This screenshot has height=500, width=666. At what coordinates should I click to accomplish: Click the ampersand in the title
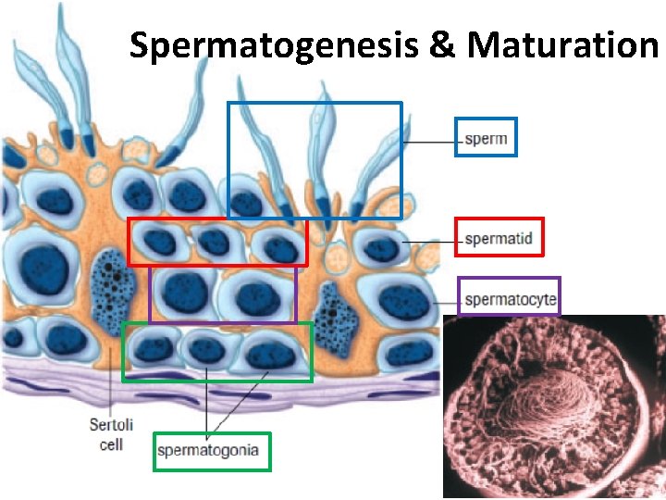click(443, 44)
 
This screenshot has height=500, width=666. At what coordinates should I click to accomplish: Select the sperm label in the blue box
click(486, 139)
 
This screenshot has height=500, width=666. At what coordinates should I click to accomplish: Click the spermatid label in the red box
click(499, 238)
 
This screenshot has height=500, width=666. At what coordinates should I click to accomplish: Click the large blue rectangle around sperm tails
click(314, 104)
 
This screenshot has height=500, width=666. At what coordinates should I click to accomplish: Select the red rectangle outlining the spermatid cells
click(216, 220)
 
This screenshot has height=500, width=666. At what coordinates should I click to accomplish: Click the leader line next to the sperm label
click(429, 141)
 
